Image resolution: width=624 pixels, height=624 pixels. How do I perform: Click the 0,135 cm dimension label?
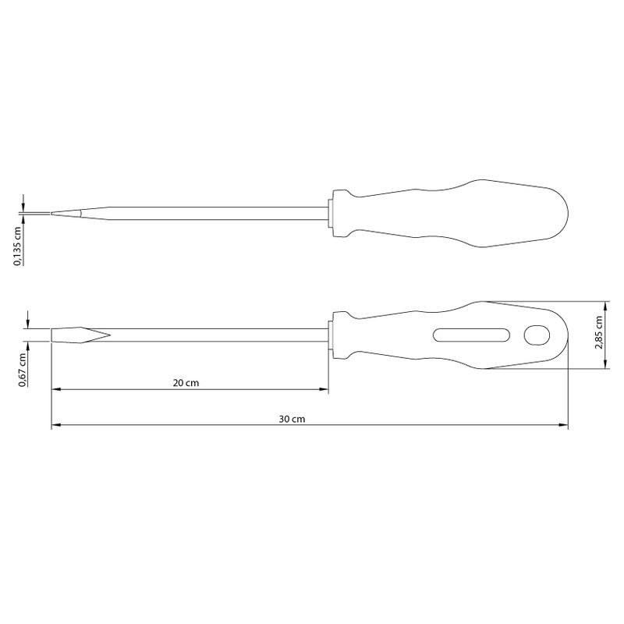[x=17, y=246]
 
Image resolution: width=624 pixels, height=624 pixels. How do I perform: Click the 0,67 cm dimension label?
[x=23, y=370]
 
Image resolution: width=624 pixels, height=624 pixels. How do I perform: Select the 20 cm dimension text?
[x=186, y=383]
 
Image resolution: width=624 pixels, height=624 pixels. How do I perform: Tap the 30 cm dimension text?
[x=292, y=419]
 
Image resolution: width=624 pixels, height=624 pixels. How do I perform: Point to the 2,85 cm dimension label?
[x=598, y=333]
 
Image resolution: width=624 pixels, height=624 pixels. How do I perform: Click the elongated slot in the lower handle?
[x=472, y=335]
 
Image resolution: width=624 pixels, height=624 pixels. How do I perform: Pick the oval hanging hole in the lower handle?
[x=537, y=335]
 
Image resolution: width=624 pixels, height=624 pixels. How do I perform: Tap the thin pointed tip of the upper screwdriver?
[x=52, y=213]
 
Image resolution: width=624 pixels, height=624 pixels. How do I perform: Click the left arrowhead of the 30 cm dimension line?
[x=56, y=425]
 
